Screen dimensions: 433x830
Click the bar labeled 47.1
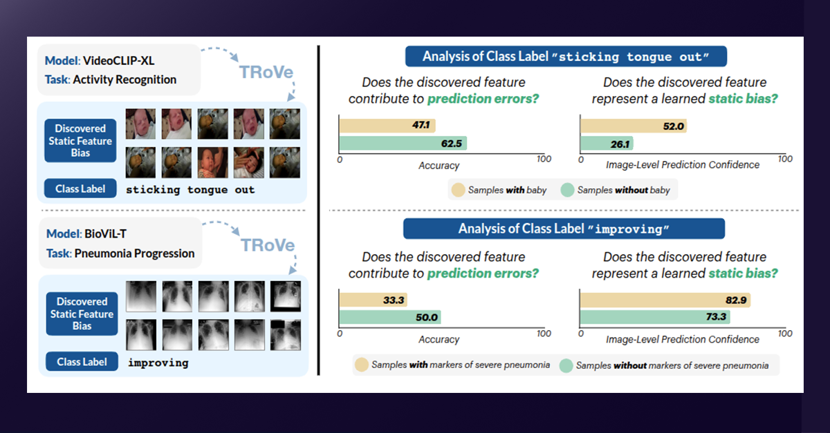[387, 125]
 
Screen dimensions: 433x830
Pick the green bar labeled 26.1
[607, 144]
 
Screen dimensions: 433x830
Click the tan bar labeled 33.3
[373, 300]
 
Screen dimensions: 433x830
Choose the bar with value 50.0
[389, 318]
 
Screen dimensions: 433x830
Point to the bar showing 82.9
[665, 300]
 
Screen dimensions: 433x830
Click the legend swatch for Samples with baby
[458, 189]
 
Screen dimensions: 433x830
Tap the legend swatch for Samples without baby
[567, 189]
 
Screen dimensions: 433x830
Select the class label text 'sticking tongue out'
[190, 189]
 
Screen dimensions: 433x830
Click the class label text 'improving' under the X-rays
[158, 362]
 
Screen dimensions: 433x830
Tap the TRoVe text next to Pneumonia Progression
[267, 246]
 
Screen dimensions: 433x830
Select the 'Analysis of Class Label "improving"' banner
[564, 229]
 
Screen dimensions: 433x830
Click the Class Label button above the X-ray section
[81, 189]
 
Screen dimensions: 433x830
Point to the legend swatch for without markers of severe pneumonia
[566, 364]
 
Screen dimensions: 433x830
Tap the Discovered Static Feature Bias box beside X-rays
[81, 314]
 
